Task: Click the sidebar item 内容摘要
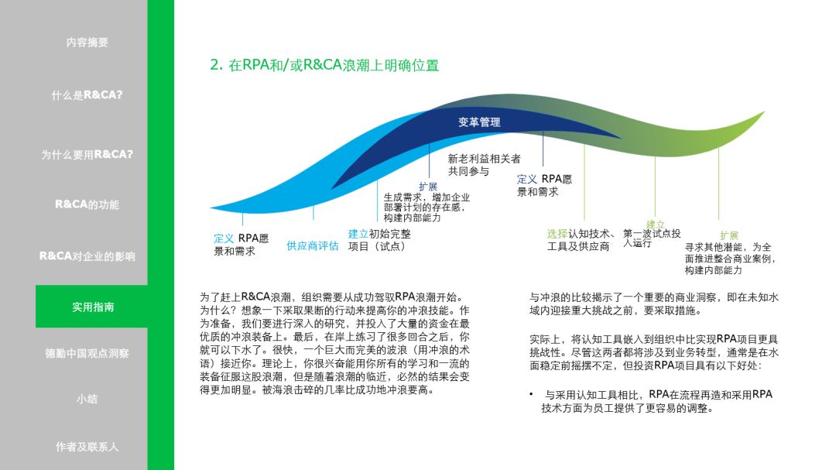pyautogui.click(x=87, y=43)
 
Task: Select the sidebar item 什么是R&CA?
pyautogui.click(x=87, y=95)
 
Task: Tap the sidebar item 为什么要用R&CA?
pyautogui.click(x=87, y=154)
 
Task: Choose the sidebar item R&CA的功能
pyautogui.click(x=87, y=204)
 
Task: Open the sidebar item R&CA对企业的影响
pyautogui.click(x=87, y=256)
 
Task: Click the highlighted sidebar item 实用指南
pyautogui.click(x=93, y=307)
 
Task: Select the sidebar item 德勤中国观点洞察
pyautogui.click(x=87, y=353)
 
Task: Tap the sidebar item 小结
pyautogui.click(x=87, y=400)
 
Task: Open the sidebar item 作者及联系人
pyautogui.click(x=87, y=447)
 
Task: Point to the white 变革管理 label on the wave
pyautogui.click(x=479, y=122)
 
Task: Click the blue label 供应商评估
pyautogui.click(x=313, y=245)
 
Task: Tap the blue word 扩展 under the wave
pyautogui.click(x=428, y=187)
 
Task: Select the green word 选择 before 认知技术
pyautogui.click(x=557, y=234)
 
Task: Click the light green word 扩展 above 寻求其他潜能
pyautogui.click(x=728, y=235)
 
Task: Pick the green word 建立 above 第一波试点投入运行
pyautogui.click(x=655, y=224)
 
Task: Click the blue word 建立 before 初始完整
pyautogui.click(x=358, y=234)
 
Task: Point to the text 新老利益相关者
pyautogui.click(x=485, y=159)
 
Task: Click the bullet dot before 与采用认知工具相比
pyautogui.click(x=532, y=395)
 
